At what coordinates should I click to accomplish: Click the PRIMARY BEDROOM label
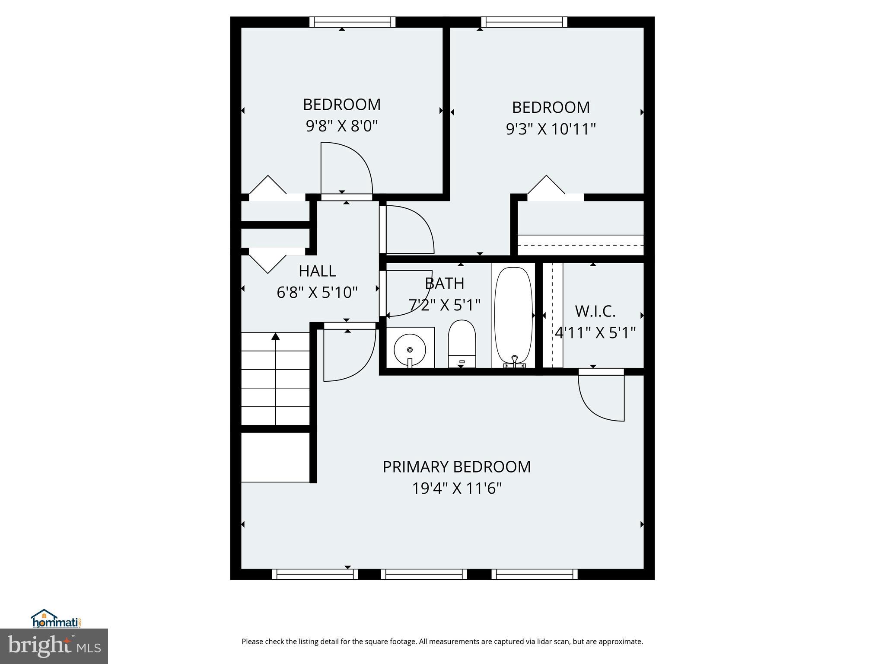click(457, 467)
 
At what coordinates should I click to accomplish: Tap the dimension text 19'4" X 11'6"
click(457, 489)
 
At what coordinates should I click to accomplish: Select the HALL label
click(317, 271)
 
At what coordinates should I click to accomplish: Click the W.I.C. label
click(595, 311)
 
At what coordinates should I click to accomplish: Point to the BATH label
click(444, 284)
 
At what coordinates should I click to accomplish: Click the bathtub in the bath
click(513, 316)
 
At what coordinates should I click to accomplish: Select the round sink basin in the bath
click(410, 349)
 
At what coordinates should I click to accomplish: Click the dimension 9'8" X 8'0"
click(342, 126)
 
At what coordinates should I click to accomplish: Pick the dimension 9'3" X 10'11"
click(551, 129)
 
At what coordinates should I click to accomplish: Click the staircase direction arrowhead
click(275, 336)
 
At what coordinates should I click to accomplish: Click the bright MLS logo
click(54, 646)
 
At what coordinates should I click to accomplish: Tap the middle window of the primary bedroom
click(424, 574)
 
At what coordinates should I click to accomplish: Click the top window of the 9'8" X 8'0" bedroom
click(352, 22)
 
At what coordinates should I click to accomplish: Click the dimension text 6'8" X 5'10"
click(317, 293)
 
